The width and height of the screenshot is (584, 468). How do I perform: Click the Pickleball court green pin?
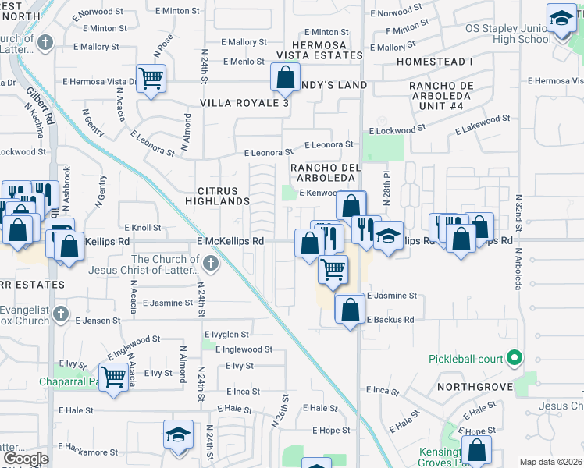click(514, 359)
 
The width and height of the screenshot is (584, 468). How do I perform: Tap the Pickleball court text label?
click(466, 360)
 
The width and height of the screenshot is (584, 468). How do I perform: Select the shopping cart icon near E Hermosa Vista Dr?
click(151, 78)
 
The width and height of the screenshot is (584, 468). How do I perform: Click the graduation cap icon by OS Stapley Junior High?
click(561, 18)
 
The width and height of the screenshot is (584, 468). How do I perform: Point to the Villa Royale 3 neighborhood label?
click(244, 103)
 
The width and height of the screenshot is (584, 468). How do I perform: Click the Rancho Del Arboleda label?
click(323, 173)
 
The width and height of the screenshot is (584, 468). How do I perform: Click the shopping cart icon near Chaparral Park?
click(114, 377)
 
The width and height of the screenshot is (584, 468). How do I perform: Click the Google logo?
click(26, 459)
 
